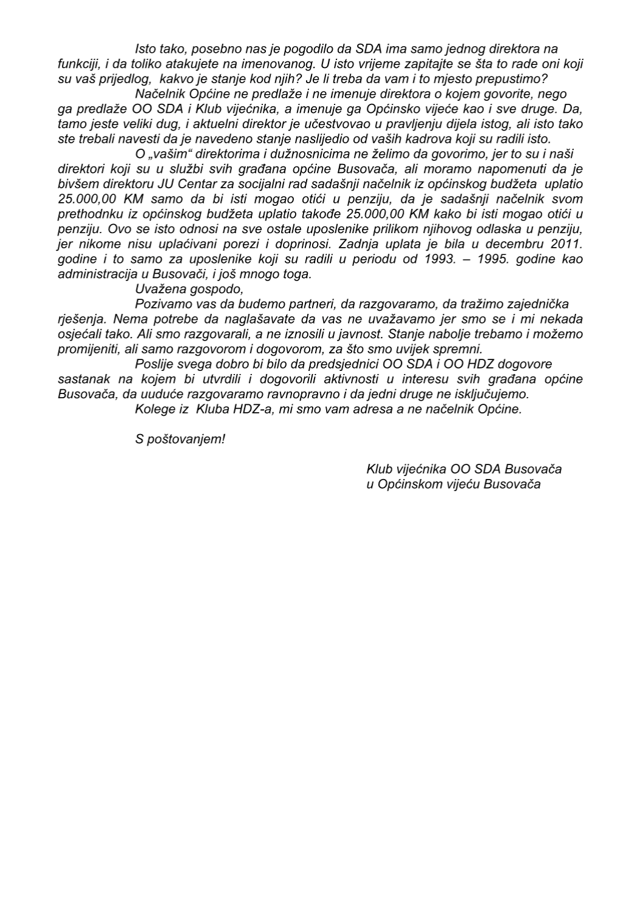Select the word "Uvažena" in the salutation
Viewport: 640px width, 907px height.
157,289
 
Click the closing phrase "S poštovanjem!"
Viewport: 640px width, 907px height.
180,439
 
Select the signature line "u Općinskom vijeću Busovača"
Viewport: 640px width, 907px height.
454,484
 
